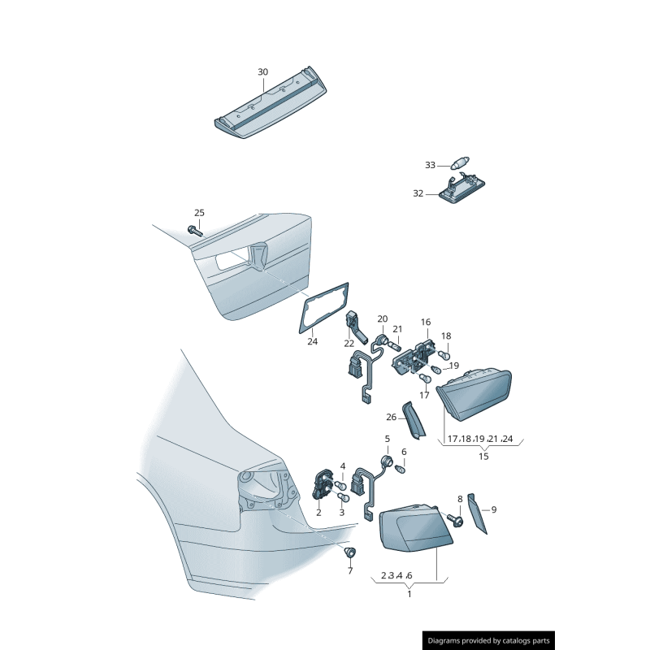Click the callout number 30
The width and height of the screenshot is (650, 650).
(262, 72)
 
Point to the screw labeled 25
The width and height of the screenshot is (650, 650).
(196, 230)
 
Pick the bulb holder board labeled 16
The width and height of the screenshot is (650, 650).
(413, 358)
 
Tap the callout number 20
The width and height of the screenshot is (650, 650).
(382, 319)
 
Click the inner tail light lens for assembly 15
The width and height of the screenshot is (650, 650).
(475, 395)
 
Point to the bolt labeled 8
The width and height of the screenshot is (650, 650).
(455, 518)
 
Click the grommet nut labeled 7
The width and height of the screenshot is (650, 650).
(350, 554)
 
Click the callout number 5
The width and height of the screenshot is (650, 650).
(387, 439)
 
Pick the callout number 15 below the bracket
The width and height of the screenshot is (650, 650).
(483, 457)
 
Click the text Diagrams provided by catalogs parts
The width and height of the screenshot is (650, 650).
(489, 641)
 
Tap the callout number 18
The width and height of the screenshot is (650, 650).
(445, 336)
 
